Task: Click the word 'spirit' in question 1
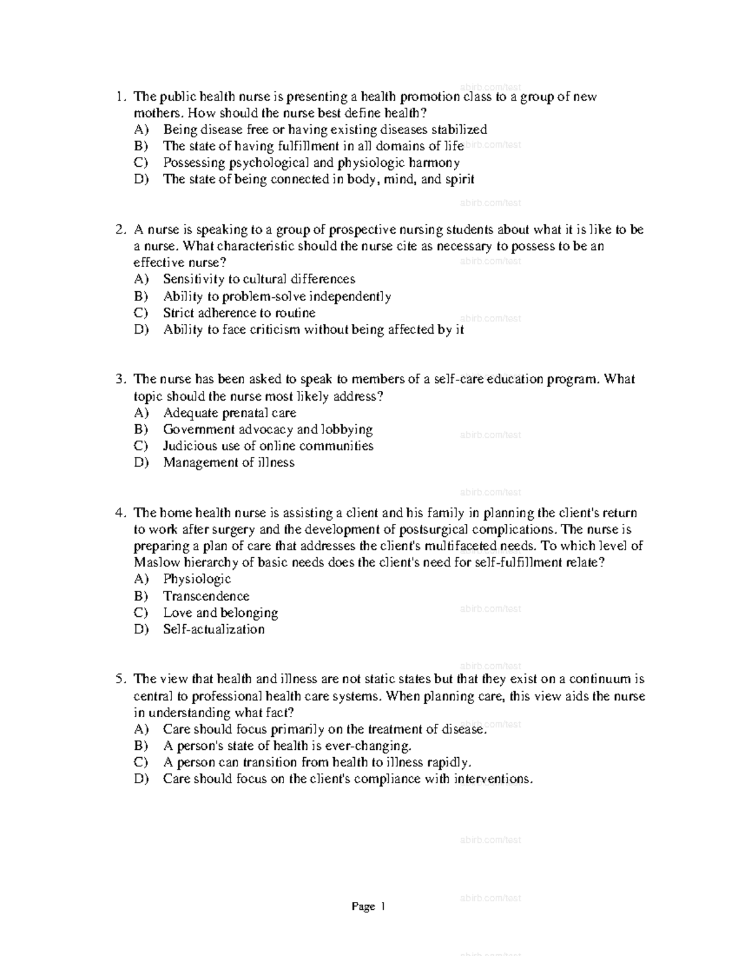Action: (456, 180)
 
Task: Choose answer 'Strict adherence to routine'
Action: (239, 313)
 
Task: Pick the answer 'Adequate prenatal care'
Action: (229, 413)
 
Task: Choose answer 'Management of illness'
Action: (229, 463)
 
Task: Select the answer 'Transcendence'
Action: (206, 596)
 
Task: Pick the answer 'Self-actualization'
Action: (213, 630)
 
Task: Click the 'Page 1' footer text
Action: (368, 907)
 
